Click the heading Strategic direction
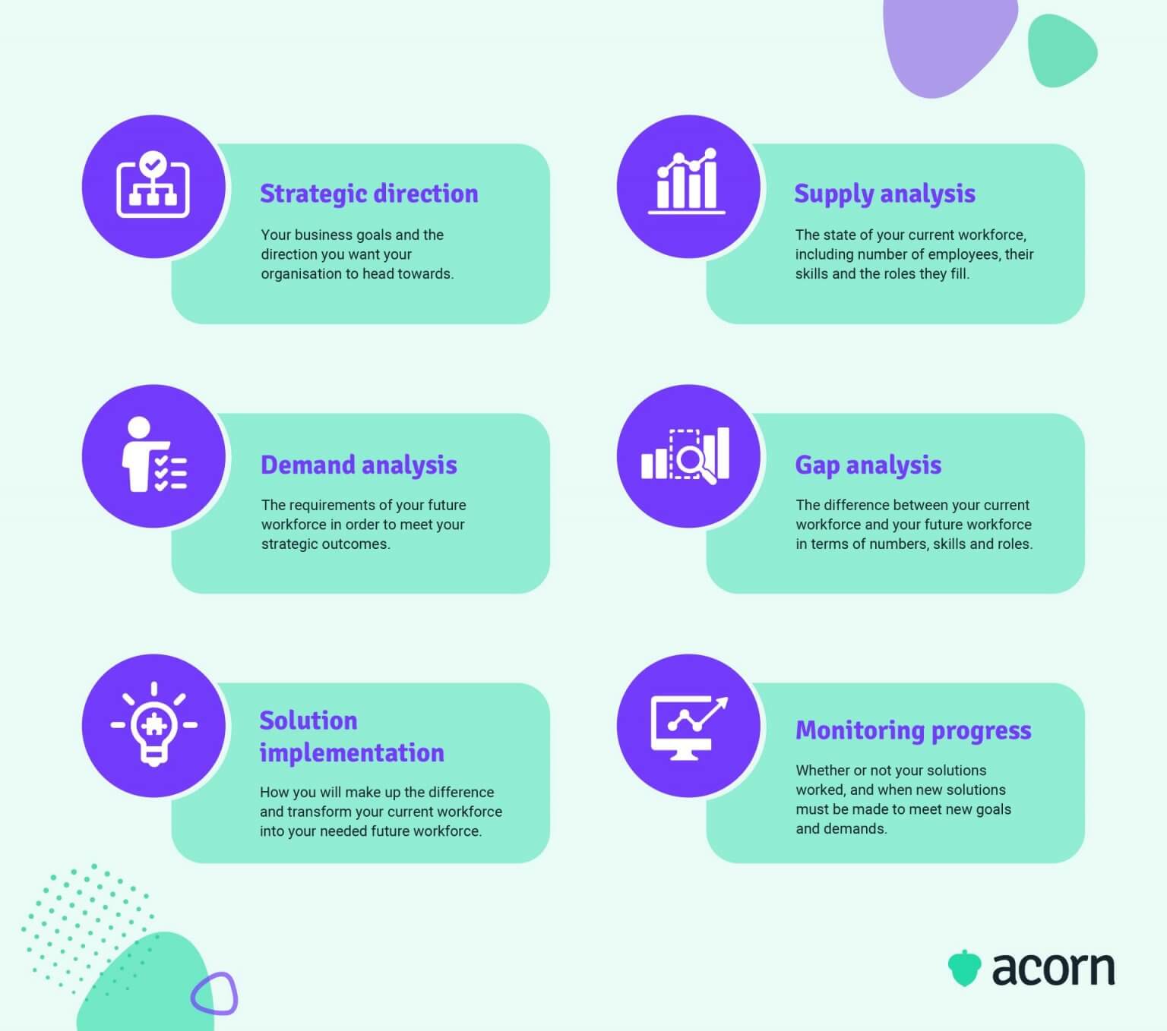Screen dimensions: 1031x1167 pos(368,194)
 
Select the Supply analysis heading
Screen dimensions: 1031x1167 pos(884,194)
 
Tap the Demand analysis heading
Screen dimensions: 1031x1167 pos(359,465)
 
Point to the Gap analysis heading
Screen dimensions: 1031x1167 pos(868,465)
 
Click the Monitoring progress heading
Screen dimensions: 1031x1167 pos(913,730)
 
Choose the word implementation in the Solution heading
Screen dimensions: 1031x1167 pos(352,753)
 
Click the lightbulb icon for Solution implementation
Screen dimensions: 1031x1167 pos(154,725)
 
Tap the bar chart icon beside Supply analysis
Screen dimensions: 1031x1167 pos(687,182)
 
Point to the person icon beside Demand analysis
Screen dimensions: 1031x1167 pos(152,455)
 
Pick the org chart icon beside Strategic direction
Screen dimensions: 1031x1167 pos(153,185)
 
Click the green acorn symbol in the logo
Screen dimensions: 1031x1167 pos(964,968)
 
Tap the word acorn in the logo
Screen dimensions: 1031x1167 pos(1053,969)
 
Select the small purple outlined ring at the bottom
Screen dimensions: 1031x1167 pos(214,993)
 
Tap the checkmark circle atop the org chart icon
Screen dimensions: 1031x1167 pos(153,162)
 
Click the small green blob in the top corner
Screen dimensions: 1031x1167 pos(1061,51)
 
